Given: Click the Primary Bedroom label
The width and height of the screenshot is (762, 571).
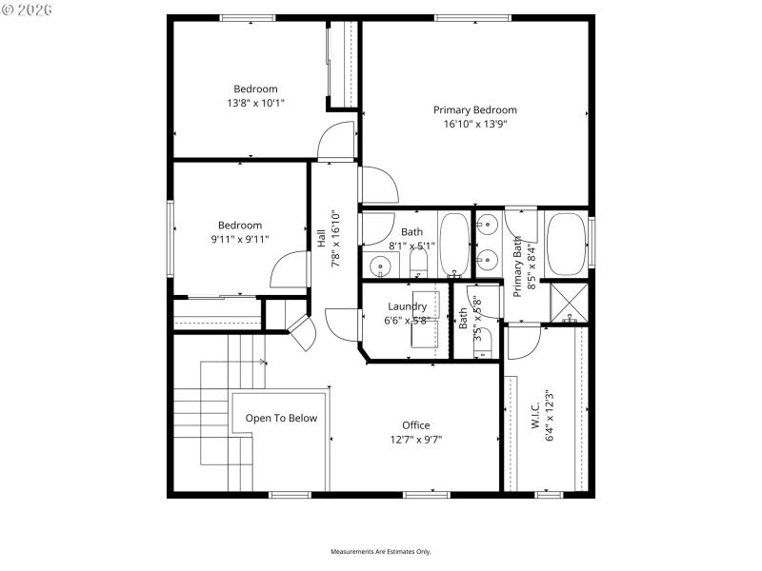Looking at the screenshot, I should (474, 110).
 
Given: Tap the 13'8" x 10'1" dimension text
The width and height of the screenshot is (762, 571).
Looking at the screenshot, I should (255, 103).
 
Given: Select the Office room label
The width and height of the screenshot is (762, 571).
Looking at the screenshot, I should (415, 425).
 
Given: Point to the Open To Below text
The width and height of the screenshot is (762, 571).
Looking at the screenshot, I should (281, 418).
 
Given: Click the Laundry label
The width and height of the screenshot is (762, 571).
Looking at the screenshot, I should (407, 306).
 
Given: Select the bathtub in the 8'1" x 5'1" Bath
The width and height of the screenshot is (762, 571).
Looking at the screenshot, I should (453, 245).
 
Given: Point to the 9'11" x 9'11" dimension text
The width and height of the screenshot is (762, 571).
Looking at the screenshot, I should (240, 239).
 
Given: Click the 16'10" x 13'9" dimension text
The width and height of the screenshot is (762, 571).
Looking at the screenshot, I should (474, 124).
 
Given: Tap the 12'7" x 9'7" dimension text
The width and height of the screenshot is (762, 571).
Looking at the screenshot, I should (415, 439).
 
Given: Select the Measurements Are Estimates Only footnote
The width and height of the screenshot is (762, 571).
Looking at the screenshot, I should (381, 552).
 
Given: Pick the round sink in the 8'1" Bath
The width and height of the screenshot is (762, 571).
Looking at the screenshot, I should (379, 266).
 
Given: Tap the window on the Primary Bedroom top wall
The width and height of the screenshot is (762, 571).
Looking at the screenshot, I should (463, 17).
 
